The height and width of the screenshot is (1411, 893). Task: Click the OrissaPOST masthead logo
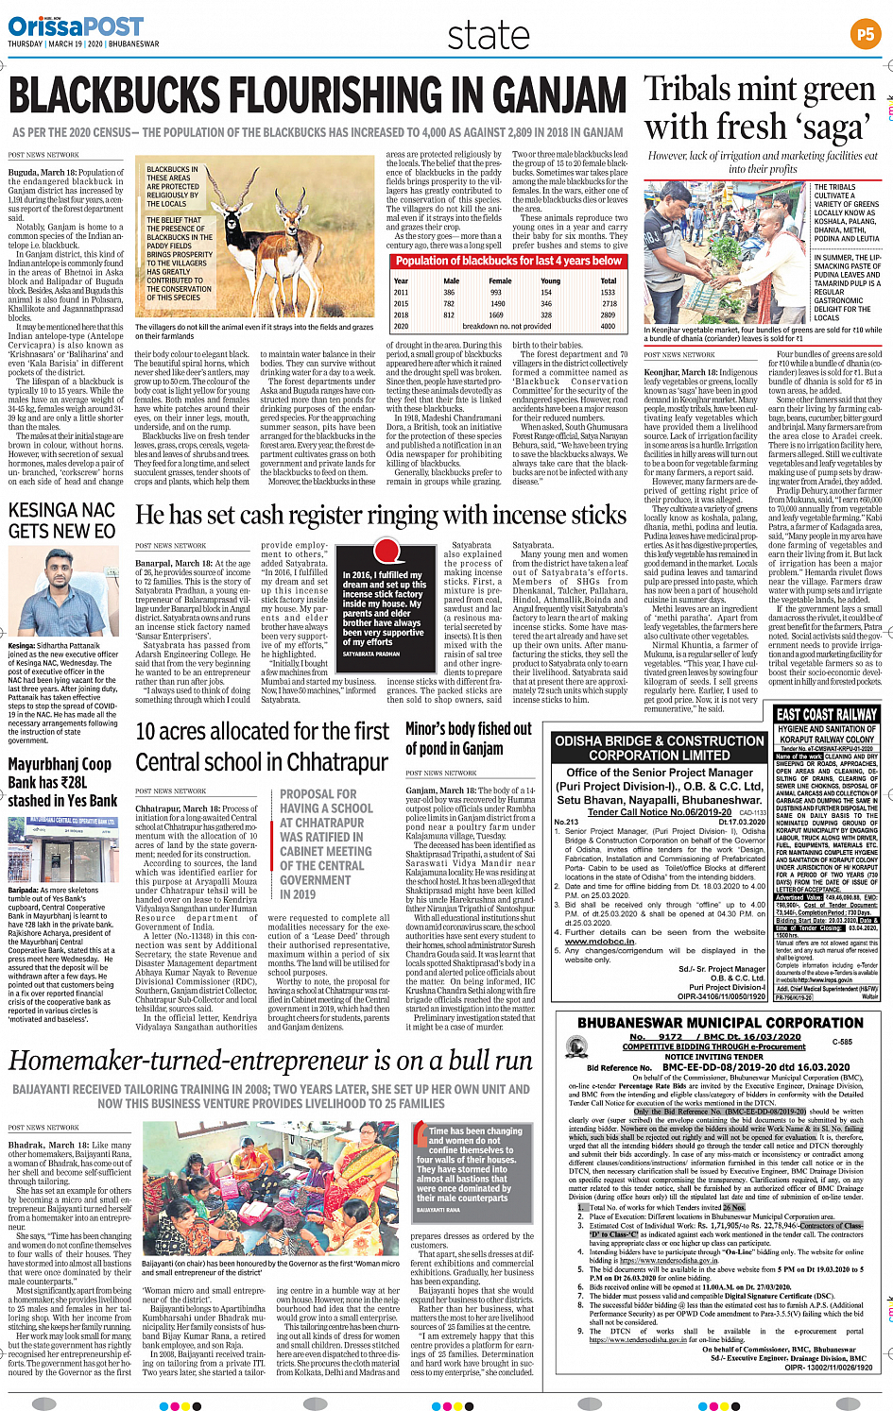(x=76, y=25)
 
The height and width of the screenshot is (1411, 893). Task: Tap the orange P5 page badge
(x=865, y=35)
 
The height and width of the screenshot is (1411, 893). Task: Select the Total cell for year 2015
(x=609, y=304)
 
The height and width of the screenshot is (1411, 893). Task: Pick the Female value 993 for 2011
(x=496, y=293)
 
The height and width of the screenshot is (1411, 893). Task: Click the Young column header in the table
(x=550, y=280)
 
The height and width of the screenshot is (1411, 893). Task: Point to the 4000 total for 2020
(x=608, y=327)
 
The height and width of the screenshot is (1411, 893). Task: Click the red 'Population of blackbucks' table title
(x=508, y=261)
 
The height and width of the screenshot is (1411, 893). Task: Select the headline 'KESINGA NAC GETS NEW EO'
(x=61, y=520)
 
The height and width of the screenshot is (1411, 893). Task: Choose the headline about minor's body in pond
(x=469, y=739)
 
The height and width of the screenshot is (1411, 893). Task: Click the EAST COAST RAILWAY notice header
(x=827, y=715)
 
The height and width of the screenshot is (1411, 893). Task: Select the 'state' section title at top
(x=489, y=36)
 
